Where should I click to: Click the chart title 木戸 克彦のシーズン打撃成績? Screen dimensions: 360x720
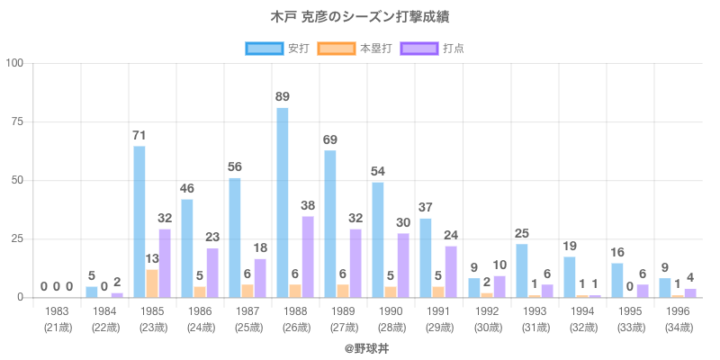coord(360,17)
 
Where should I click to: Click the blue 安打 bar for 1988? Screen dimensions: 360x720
coord(283,202)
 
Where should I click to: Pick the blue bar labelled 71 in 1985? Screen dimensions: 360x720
coord(139,221)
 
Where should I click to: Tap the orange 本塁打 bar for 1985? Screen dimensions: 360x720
coord(152,283)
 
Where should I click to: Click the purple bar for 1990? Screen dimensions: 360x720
coord(403,265)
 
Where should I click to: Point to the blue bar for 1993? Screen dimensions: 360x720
coord(521,270)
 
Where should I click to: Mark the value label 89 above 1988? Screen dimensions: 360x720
coord(283,96)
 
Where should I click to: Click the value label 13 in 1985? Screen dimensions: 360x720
coord(152,259)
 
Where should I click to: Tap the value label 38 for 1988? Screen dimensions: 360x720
coord(308,205)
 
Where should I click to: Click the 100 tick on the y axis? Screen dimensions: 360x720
coord(14,63)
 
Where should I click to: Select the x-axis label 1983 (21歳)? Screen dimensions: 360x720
coord(57,318)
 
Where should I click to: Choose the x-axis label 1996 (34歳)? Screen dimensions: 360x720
coord(678,318)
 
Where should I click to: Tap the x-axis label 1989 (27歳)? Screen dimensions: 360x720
coord(343,318)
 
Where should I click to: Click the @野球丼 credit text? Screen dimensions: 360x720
coord(360,346)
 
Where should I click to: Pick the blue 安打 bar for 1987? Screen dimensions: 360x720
coord(235,238)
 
